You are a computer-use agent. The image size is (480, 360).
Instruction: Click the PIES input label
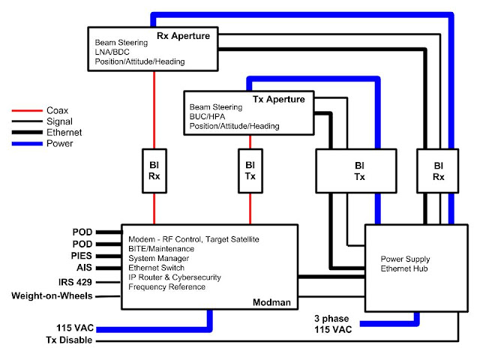[85, 255]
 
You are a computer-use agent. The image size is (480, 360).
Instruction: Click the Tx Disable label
[73, 341]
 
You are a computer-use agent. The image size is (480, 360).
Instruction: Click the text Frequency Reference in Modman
[166, 287]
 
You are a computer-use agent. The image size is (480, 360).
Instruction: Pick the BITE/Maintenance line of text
[161, 248]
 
